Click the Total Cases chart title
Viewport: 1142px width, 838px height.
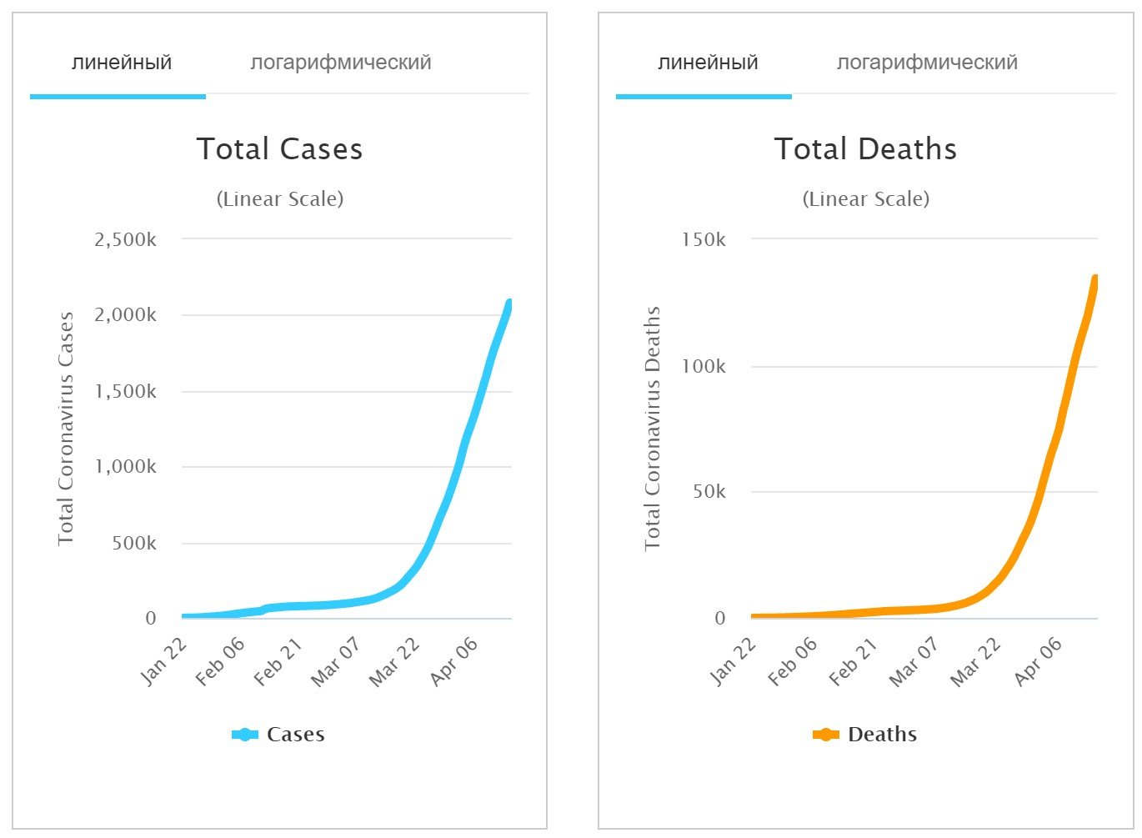tap(280, 149)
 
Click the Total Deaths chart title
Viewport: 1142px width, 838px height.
tap(865, 149)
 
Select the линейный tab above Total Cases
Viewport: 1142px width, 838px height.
tap(122, 63)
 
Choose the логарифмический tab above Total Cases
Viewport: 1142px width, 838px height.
tap(341, 63)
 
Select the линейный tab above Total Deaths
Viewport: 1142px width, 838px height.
tap(708, 63)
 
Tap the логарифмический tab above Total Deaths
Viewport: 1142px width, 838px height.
tap(927, 63)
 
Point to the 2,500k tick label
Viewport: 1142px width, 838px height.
tap(126, 240)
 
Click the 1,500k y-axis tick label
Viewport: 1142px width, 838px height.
tap(126, 392)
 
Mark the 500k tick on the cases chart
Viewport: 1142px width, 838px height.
tap(134, 544)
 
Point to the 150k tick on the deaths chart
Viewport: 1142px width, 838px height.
tap(704, 240)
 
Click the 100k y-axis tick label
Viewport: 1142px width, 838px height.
tap(704, 367)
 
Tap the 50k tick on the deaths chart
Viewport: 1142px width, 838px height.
tap(709, 492)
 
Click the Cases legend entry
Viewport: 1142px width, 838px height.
tap(278, 735)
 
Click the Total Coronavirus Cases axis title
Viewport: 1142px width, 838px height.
tap(66, 429)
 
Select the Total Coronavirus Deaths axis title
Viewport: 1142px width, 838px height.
tap(652, 429)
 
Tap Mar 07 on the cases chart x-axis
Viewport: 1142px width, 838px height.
tap(336, 661)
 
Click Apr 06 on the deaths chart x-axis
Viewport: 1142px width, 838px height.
tap(1039, 661)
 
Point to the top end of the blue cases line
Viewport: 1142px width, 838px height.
tap(509, 302)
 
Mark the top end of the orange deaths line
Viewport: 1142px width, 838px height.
tap(1095, 278)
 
